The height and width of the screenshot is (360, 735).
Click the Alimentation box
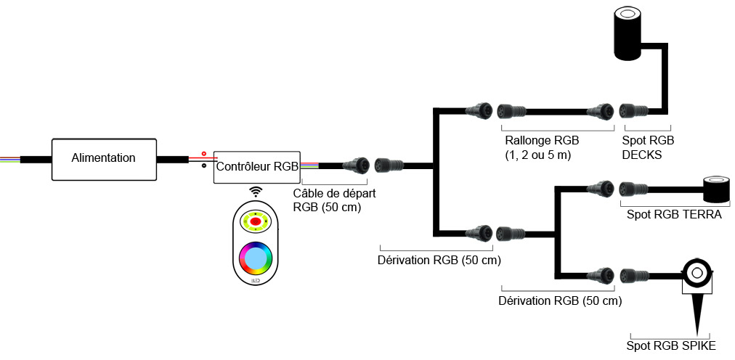coord(104,157)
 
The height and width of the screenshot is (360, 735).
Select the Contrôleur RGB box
coord(256,166)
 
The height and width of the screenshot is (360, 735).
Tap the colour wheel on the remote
coord(256,258)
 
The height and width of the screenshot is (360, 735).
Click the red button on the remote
coord(256,221)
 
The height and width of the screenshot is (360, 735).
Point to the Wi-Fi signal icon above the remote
coord(256,192)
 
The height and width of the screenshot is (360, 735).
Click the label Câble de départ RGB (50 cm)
coord(334,200)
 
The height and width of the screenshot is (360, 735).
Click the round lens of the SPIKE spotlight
coord(696,272)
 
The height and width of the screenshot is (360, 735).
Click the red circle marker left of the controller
coord(204,154)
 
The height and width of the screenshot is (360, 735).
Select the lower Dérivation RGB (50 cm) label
coord(561,300)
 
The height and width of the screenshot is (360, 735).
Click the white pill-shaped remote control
coord(256,242)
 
